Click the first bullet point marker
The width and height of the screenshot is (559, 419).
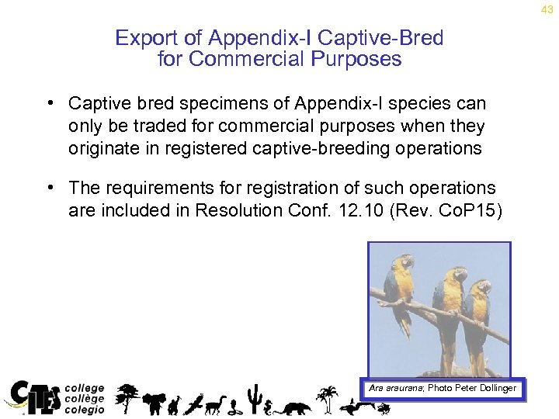point(49,103)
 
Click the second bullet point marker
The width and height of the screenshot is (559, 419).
point(49,188)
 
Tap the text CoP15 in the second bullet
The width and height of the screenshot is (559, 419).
point(479,209)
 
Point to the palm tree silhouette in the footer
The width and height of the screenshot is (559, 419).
point(328,397)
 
